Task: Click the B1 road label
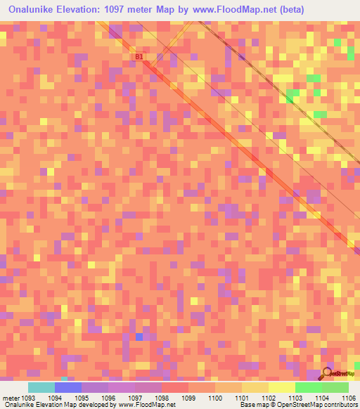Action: (139, 56)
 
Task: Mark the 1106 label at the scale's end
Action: (348, 397)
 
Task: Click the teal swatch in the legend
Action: (41, 387)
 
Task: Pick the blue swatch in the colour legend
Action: (68, 387)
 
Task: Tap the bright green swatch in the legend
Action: (308, 387)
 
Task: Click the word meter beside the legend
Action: (10, 397)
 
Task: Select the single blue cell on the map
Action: (139, 337)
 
